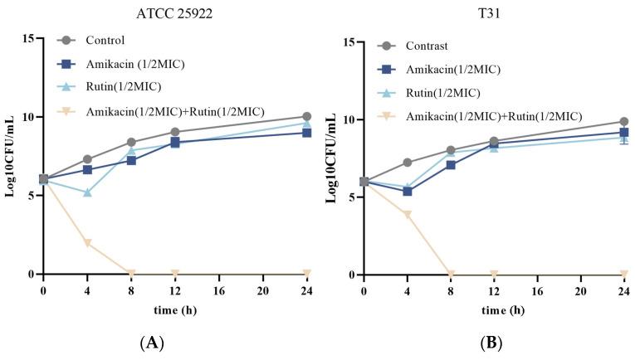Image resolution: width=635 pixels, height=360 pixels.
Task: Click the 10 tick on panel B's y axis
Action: click(x=349, y=119)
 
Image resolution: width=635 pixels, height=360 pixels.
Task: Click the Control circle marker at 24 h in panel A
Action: click(x=307, y=117)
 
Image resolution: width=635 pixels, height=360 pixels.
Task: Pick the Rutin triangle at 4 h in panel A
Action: click(x=87, y=192)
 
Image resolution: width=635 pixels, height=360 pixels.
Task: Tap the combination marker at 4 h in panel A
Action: click(x=87, y=243)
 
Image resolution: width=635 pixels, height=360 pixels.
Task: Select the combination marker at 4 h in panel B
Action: click(x=407, y=214)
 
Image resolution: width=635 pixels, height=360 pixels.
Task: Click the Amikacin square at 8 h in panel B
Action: click(x=451, y=165)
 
